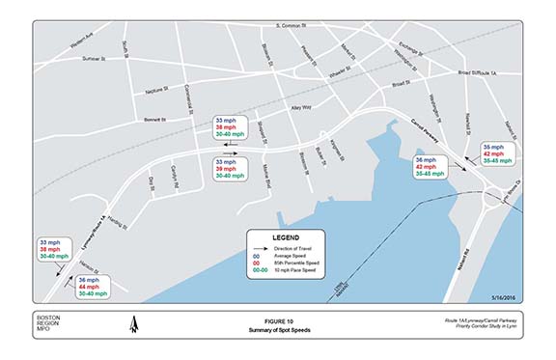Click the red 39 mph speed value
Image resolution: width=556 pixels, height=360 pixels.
click(224, 169)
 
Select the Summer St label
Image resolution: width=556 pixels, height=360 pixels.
click(93, 59)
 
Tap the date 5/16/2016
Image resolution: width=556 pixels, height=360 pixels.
click(503, 297)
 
